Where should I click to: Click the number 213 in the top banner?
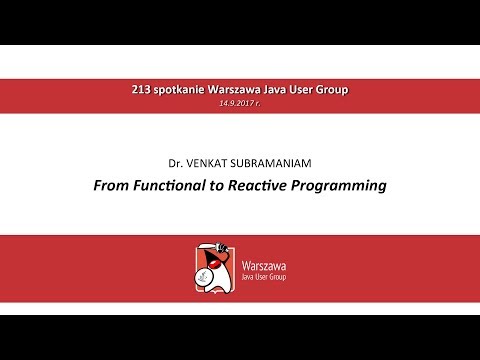click(x=141, y=89)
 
